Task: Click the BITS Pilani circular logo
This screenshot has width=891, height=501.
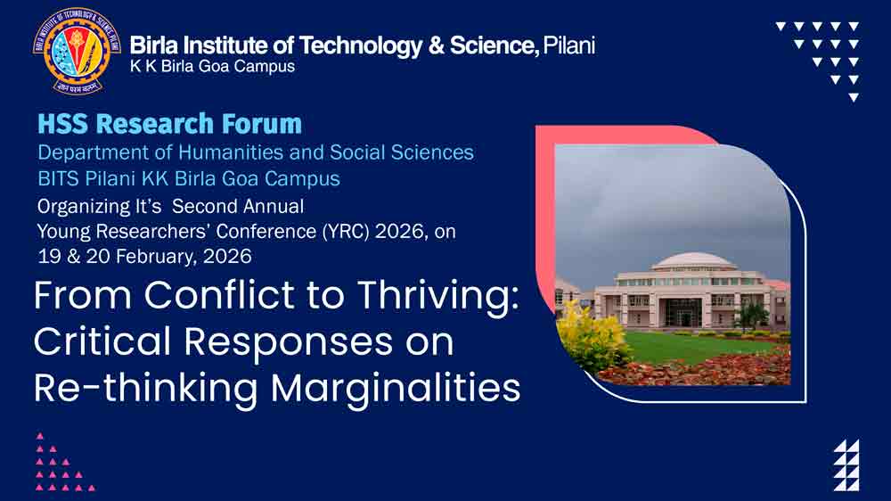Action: click(x=77, y=51)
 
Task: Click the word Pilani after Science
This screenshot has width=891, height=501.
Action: click(x=569, y=45)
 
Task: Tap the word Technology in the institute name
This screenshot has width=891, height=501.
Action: click(x=361, y=46)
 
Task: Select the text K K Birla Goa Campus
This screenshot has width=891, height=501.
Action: click(x=213, y=67)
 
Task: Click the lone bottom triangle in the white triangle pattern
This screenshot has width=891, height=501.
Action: click(x=854, y=98)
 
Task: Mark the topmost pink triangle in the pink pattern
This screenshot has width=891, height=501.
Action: click(x=40, y=436)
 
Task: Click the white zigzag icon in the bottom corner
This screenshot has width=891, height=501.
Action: click(x=846, y=465)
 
